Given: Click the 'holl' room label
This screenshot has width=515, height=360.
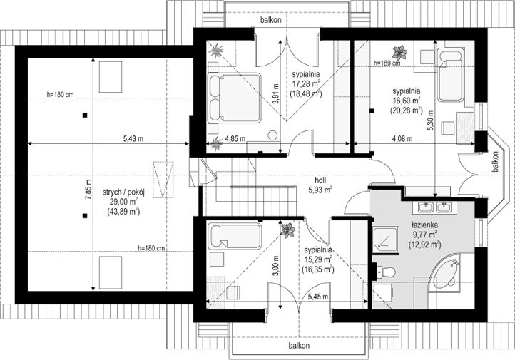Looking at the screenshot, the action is (x=320, y=180).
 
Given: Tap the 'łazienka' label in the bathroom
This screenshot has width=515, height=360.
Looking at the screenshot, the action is (x=424, y=225).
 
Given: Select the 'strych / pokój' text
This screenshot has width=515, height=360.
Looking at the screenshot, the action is (x=123, y=192).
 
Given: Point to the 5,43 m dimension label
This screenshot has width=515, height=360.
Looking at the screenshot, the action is (x=133, y=139).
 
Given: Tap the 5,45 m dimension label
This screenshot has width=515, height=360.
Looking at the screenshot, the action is (x=318, y=297).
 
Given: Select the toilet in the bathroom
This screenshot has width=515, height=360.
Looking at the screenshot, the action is (x=384, y=272).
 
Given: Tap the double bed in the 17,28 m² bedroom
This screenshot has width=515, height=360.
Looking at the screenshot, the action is (x=235, y=98).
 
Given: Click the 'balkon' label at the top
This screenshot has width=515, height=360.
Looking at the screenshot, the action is (x=271, y=20).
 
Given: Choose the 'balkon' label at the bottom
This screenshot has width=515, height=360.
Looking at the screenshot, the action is (x=299, y=346).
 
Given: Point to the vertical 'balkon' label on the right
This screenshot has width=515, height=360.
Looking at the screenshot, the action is (x=495, y=161).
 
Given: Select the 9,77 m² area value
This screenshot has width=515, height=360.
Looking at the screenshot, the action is (x=424, y=235).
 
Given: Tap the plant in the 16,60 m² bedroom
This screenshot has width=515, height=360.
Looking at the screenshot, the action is (x=399, y=53).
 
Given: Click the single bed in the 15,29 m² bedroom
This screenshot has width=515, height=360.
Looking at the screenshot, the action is (x=235, y=236).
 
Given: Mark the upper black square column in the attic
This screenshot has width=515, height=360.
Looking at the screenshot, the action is (x=85, y=115).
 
